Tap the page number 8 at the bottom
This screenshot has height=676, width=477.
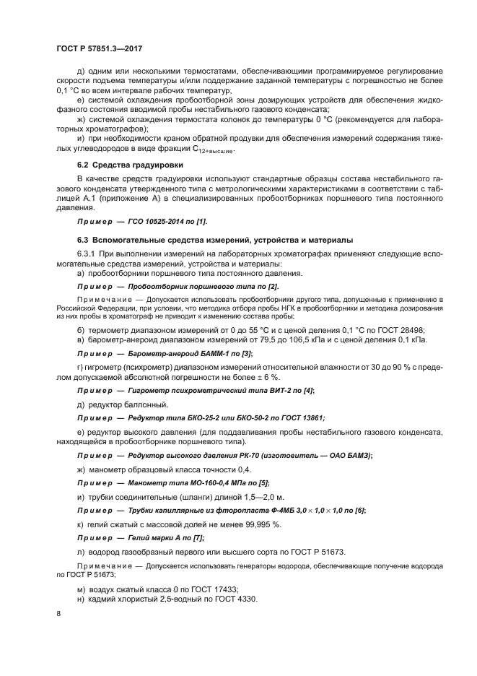click(x=58, y=612)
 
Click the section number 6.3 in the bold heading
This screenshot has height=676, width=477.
click(x=82, y=239)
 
